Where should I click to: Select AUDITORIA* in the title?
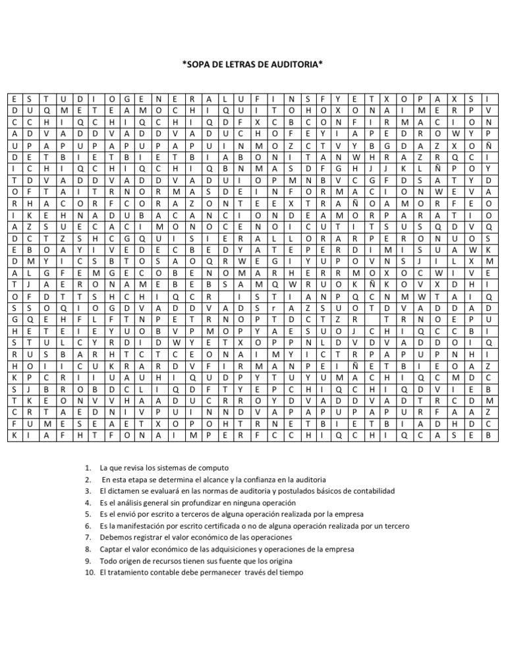[298, 65]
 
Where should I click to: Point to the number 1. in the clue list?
[89, 467]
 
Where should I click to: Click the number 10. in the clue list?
[90, 573]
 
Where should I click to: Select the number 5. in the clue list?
[89, 513]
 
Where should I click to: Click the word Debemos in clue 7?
[115, 537]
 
